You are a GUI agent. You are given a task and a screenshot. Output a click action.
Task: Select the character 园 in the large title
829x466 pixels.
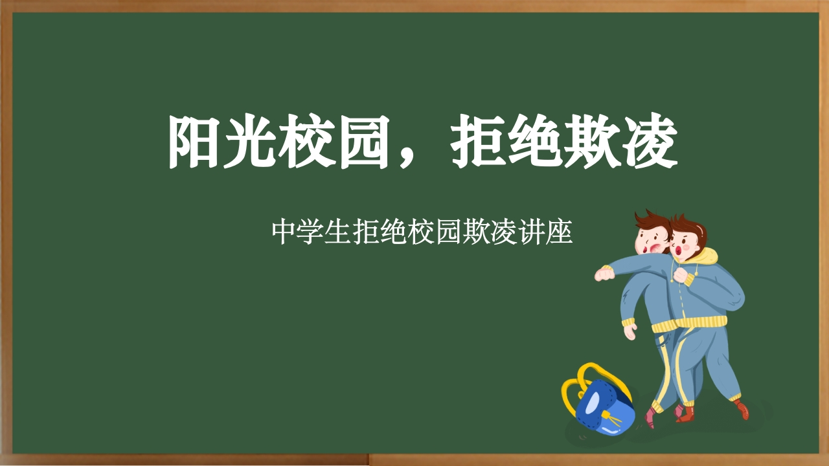click(366, 142)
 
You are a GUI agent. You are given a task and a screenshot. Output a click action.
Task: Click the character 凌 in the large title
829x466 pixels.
click(648, 142)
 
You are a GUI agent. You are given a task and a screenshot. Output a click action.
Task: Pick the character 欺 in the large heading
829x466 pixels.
click(591, 142)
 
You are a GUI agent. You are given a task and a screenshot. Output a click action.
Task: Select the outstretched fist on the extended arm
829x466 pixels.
click(603, 274)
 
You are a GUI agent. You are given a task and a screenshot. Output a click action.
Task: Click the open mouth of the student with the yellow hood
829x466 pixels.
click(678, 249)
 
